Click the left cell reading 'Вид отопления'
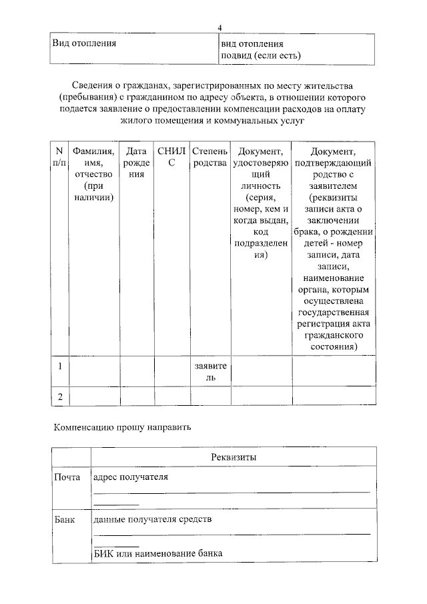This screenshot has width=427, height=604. click(85, 43)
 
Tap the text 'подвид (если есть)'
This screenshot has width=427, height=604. click(261, 55)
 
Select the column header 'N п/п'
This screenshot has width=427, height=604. click(60, 157)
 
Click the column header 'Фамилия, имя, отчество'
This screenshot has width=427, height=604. click(94, 174)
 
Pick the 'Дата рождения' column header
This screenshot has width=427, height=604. click(137, 163)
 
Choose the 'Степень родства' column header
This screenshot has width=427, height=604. click(210, 157)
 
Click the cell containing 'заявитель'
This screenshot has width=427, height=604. click(210, 372)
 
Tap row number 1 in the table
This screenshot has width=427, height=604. click(60, 366)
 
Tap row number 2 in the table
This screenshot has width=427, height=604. click(60, 396)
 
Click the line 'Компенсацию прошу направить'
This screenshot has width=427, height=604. click(122, 427)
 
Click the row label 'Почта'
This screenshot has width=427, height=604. click(67, 477)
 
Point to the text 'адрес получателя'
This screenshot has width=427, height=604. click(131, 477)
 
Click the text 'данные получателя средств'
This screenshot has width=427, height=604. click(153, 519)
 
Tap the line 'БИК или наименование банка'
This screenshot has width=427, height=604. click(157, 554)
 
